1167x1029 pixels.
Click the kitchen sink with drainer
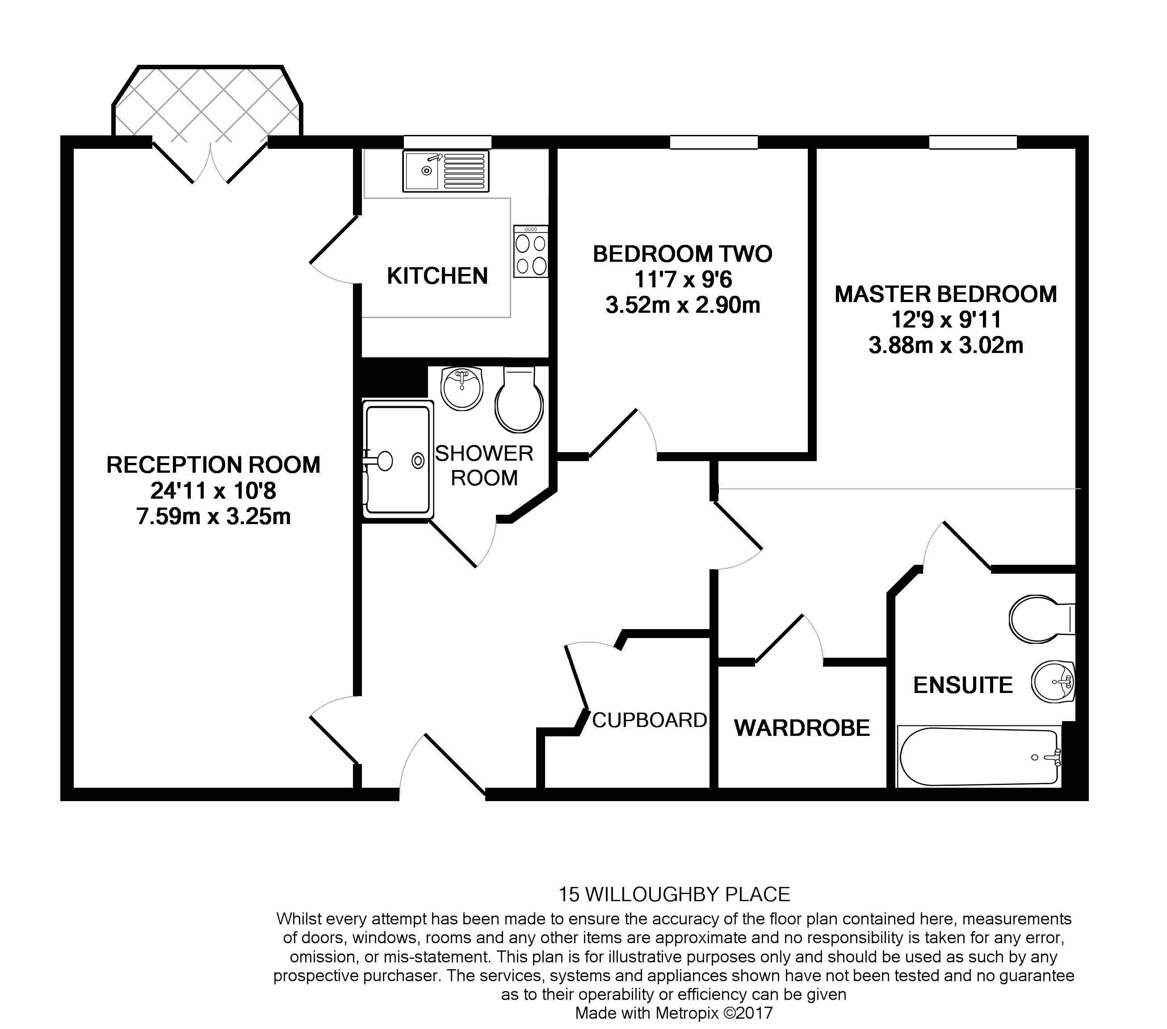(x=446, y=171)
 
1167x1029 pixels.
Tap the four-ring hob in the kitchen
(x=530, y=252)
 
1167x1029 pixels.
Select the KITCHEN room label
(x=437, y=276)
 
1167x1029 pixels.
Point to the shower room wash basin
(x=462, y=388)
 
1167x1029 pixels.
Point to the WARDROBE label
(x=802, y=728)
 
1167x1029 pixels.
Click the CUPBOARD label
(x=649, y=720)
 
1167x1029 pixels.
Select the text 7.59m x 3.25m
(x=214, y=516)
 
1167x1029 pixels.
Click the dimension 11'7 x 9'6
(x=683, y=280)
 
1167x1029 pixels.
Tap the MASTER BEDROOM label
(x=945, y=294)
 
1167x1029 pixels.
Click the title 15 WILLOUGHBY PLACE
(x=674, y=894)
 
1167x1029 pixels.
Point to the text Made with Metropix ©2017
(x=674, y=1013)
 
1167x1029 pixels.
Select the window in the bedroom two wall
(x=713, y=142)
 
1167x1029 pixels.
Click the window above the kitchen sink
(x=447, y=142)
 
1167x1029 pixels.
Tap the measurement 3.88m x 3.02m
(x=945, y=345)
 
